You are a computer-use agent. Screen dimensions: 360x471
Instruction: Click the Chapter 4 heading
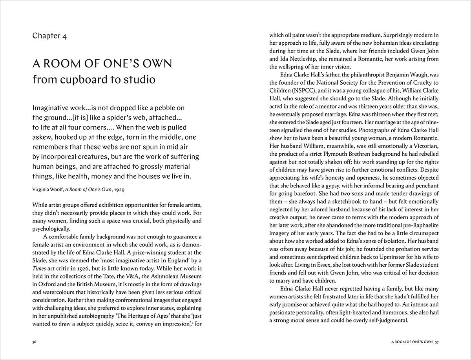pyautogui.click(x=49, y=36)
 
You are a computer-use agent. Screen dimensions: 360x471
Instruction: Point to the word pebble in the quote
pyautogui.click(x=164, y=107)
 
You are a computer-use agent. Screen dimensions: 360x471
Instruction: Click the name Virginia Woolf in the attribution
pyautogui.click(x=48, y=189)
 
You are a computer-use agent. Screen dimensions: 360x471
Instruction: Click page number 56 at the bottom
pyautogui.click(x=35, y=342)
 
